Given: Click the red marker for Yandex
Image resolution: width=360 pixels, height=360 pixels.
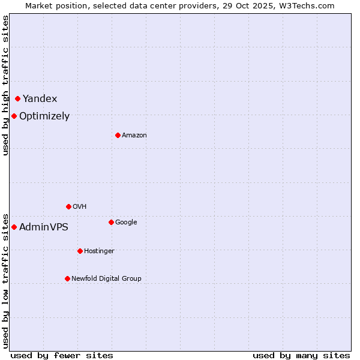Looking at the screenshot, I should [x=18, y=98].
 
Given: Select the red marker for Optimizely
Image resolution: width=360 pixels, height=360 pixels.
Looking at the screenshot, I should [x=14, y=116].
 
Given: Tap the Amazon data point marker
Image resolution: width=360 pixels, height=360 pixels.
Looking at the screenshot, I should [x=118, y=135].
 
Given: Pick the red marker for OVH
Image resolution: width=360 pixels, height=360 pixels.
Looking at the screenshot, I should [x=68, y=206].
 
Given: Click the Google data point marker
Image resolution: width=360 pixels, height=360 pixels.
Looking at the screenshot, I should [x=111, y=222].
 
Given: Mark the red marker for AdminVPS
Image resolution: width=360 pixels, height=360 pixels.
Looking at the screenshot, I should [x=14, y=227].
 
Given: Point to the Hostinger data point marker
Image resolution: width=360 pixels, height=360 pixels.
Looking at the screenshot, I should [x=80, y=251].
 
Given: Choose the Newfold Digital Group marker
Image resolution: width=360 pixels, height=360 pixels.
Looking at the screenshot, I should [x=67, y=278].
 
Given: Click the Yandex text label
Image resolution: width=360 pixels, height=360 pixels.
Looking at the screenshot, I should [x=40, y=99].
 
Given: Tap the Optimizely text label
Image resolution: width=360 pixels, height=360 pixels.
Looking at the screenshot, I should [x=44, y=116].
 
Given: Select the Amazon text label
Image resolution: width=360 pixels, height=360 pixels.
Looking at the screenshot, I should [x=134, y=136].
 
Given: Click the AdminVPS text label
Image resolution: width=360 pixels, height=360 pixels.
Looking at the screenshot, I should [x=44, y=227].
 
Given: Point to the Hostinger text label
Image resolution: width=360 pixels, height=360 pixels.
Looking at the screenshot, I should [x=99, y=251].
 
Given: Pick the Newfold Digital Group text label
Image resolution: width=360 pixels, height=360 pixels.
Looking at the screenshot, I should [x=106, y=279].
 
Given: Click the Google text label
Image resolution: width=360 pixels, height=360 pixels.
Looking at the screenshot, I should [x=126, y=223].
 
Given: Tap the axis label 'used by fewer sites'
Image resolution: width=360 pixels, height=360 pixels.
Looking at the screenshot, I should [x=62, y=356].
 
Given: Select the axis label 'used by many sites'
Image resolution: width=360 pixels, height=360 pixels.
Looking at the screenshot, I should [x=301, y=356].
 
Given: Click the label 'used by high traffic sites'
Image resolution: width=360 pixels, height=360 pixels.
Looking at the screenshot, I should [x=5, y=85].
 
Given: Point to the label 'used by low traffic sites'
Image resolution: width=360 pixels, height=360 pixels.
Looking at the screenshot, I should [x=5, y=280].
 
